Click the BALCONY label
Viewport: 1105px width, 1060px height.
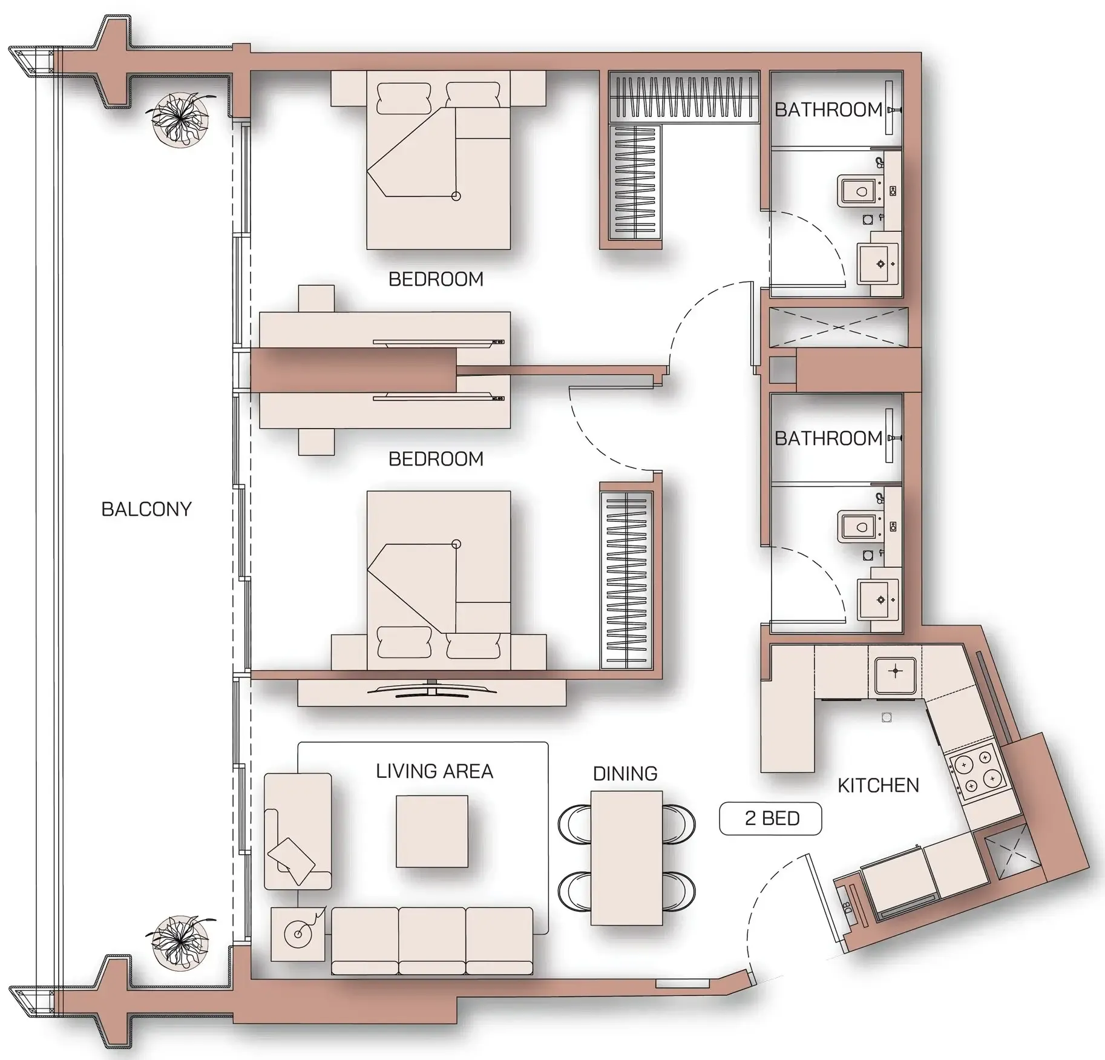pos(146,509)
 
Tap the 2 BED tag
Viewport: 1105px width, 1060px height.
pos(770,818)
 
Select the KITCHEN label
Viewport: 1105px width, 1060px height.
pos(877,785)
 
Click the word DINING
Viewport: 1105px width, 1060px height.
pos(625,773)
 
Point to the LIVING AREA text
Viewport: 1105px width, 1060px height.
pos(434,771)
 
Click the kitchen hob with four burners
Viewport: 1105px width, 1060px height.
pos(978,772)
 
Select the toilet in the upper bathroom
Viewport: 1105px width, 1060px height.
pos(858,192)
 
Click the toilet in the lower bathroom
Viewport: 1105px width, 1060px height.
pos(858,527)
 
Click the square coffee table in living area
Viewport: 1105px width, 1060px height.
pos(431,831)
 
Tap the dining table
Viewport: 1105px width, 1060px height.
pos(626,858)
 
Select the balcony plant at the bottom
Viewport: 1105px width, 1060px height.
pos(180,941)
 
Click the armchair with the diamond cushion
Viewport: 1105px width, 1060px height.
pos(297,831)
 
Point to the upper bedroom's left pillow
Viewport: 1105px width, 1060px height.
pos(404,98)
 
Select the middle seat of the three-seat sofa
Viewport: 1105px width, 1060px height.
pos(431,940)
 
